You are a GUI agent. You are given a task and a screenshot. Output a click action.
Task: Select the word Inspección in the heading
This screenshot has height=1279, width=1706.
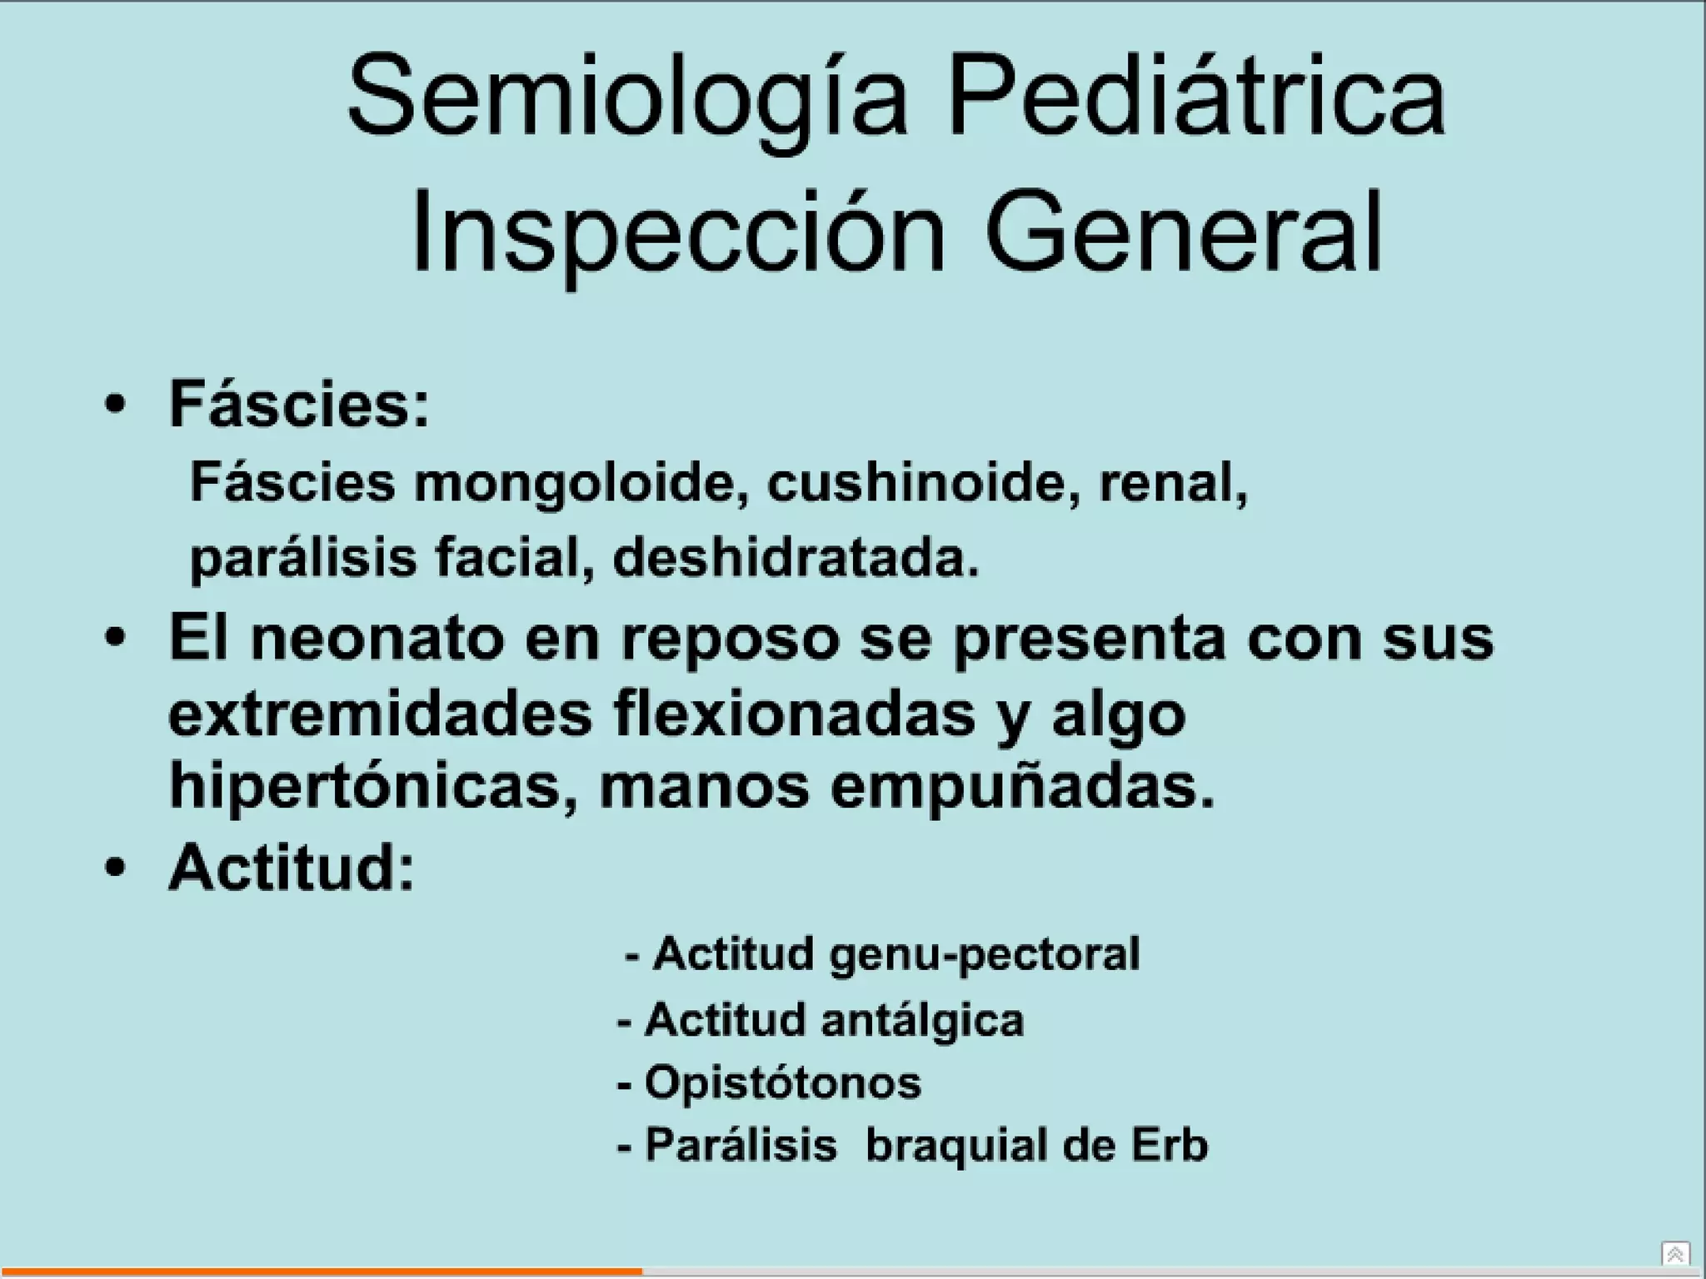tap(678, 233)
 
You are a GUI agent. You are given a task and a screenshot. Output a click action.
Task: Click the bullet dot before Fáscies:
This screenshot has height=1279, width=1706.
tap(116, 406)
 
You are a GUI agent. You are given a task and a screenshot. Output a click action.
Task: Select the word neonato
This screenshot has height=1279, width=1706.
tap(378, 638)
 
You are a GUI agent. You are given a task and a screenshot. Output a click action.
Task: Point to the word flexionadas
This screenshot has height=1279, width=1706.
tap(794, 714)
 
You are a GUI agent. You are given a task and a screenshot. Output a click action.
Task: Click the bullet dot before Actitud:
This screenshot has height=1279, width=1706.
tap(116, 868)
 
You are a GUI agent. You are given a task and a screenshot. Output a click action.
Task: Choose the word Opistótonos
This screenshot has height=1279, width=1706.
tap(783, 1082)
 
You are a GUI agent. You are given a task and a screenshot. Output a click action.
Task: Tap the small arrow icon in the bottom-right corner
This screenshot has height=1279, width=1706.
tap(1675, 1253)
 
